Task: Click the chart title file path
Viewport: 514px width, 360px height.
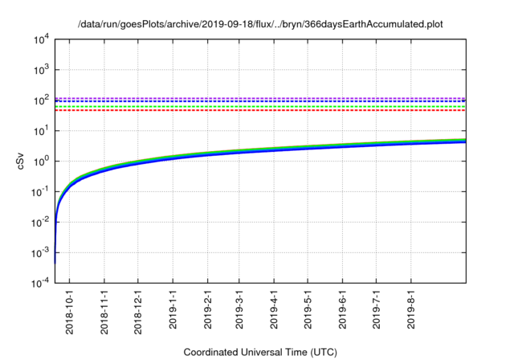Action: tap(260, 25)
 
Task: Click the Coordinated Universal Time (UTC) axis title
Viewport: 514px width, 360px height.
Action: tap(260, 352)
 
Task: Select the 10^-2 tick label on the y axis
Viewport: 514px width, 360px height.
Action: tap(40, 222)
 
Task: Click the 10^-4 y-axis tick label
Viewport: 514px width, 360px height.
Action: tap(40, 283)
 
